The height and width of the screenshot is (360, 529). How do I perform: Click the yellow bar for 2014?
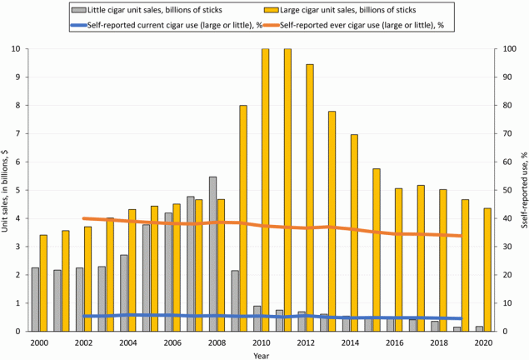(x=354, y=232)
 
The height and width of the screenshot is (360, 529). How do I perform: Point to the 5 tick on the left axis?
(x=17, y=190)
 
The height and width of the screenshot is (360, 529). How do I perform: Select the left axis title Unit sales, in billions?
(x=6, y=190)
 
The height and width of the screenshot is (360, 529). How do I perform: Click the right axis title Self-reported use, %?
(x=522, y=190)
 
